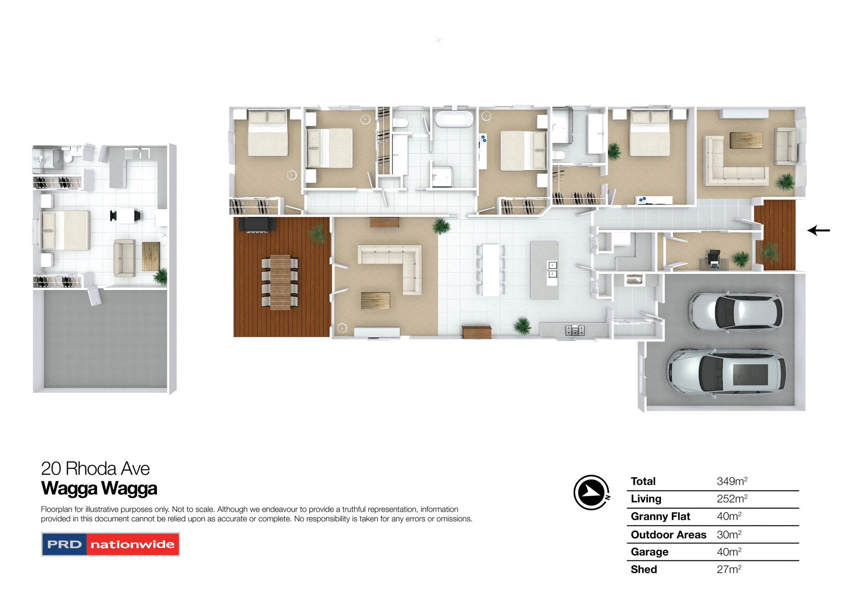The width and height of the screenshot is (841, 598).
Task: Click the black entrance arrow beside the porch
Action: [x=818, y=230]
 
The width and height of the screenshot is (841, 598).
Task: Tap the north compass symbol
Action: [x=591, y=492]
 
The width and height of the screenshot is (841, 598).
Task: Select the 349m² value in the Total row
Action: [x=731, y=482]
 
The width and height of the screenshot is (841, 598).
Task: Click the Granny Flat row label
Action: [x=660, y=517]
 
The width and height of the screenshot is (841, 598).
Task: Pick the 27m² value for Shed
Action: [x=729, y=570]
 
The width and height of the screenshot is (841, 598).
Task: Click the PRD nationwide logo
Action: [x=110, y=544]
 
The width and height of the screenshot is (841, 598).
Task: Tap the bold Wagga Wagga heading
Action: [x=99, y=489]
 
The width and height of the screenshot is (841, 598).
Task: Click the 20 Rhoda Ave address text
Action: [x=95, y=469]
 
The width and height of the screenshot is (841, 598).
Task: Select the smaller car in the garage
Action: [x=735, y=312]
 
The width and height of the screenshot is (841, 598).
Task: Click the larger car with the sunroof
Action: [x=726, y=373]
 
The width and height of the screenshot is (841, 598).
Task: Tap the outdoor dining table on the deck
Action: [x=280, y=282]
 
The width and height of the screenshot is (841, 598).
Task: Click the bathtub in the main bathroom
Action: [x=454, y=119]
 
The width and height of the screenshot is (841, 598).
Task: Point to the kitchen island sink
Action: [x=552, y=270]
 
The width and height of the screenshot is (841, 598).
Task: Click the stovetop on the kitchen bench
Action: [x=575, y=330]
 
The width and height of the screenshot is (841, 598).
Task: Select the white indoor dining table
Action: [x=491, y=269]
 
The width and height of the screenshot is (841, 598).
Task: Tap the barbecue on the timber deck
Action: [x=257, y=225]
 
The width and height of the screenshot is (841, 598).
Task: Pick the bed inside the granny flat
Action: [x=66, y=230]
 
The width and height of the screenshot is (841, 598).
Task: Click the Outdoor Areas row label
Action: [x=668, y=535]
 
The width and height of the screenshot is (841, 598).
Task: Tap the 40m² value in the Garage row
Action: [x=729, y=552]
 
